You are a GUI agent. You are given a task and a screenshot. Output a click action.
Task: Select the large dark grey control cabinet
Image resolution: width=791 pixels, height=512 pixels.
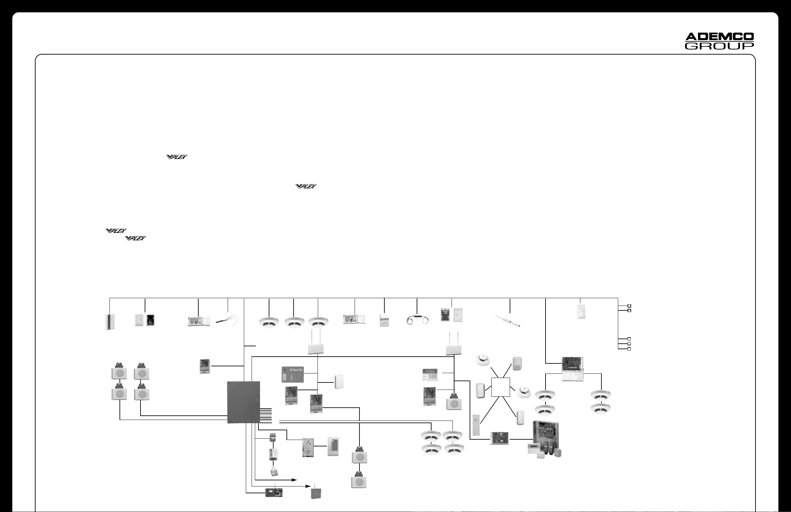coord(243,402)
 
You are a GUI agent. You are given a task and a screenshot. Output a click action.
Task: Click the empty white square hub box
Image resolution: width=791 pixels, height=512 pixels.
coord(500,387)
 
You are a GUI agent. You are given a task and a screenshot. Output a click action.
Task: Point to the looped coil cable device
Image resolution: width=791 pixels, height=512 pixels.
coord(417,319)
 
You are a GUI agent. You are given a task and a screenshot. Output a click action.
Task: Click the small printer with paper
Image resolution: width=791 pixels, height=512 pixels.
coord(274,472)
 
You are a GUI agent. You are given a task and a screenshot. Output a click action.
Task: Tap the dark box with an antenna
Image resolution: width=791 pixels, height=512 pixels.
coord(316,493)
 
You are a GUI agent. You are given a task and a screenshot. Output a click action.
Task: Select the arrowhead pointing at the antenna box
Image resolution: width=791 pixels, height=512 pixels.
coord(309,486)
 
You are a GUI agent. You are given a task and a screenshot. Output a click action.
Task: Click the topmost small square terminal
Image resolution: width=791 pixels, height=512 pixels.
coord(629,306)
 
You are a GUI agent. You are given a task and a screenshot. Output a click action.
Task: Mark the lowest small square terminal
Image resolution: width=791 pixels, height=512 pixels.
coord(629,349)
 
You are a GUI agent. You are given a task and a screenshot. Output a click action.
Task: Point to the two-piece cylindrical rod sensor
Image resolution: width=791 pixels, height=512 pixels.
coord(507,321)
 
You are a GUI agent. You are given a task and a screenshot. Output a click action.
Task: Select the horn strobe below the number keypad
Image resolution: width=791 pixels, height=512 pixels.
coord(454,402)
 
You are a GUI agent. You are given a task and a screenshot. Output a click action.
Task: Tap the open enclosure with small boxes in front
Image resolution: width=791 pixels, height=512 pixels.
coord(545,439)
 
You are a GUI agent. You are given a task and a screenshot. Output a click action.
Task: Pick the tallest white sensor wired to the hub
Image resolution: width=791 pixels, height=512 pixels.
coord(476,425)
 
